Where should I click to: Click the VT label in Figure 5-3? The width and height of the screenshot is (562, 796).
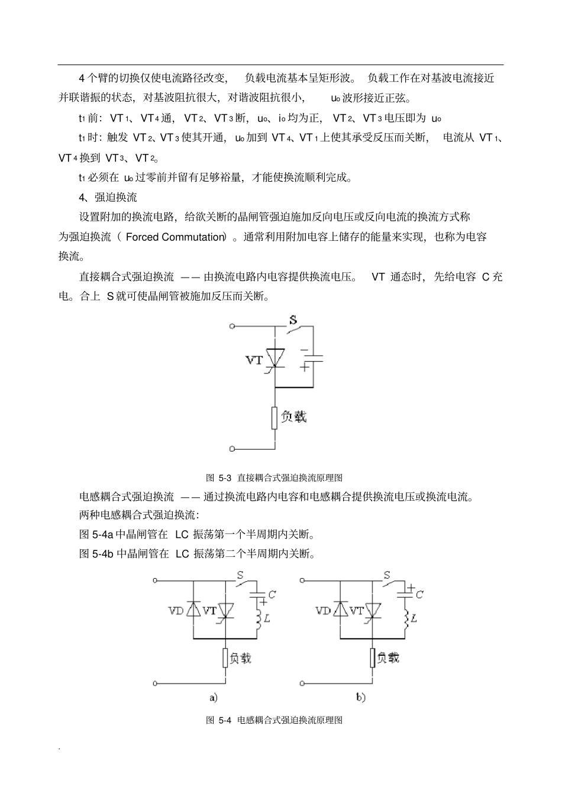(x=254, y=360)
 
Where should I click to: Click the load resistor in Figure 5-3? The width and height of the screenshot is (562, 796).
(x=274, y=417)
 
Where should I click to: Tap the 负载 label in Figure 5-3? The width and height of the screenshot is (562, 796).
(x=293, y=417)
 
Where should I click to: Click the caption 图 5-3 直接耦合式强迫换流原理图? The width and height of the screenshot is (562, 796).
(x=274, y=477)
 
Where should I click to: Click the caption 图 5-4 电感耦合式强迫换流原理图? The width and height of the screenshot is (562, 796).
(x=274, y=720)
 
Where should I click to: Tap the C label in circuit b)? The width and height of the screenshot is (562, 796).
(x=419, y=594)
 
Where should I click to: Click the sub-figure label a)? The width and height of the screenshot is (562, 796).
(x=214, y=698)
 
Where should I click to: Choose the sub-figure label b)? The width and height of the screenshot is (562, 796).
(x=360, y=698)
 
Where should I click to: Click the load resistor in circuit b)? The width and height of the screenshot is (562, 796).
(x=373, y=658)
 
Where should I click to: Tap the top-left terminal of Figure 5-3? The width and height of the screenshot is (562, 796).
(x=232, y=326)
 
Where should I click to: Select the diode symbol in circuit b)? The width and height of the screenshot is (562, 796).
(x=340, y=610)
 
